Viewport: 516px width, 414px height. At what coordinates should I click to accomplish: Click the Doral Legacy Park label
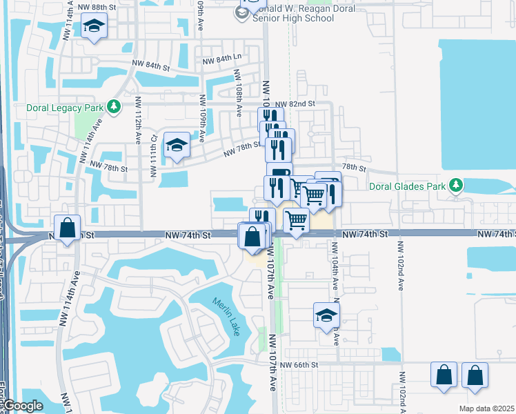point(65,108)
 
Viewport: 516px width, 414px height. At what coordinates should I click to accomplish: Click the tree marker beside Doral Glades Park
point(455,185)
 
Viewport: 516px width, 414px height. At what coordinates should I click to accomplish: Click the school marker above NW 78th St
point(177,146)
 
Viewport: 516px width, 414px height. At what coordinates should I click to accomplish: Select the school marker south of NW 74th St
point(326,315)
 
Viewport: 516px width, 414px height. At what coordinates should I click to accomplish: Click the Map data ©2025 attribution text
point(487,408)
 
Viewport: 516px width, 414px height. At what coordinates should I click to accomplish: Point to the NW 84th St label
point(151,67)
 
